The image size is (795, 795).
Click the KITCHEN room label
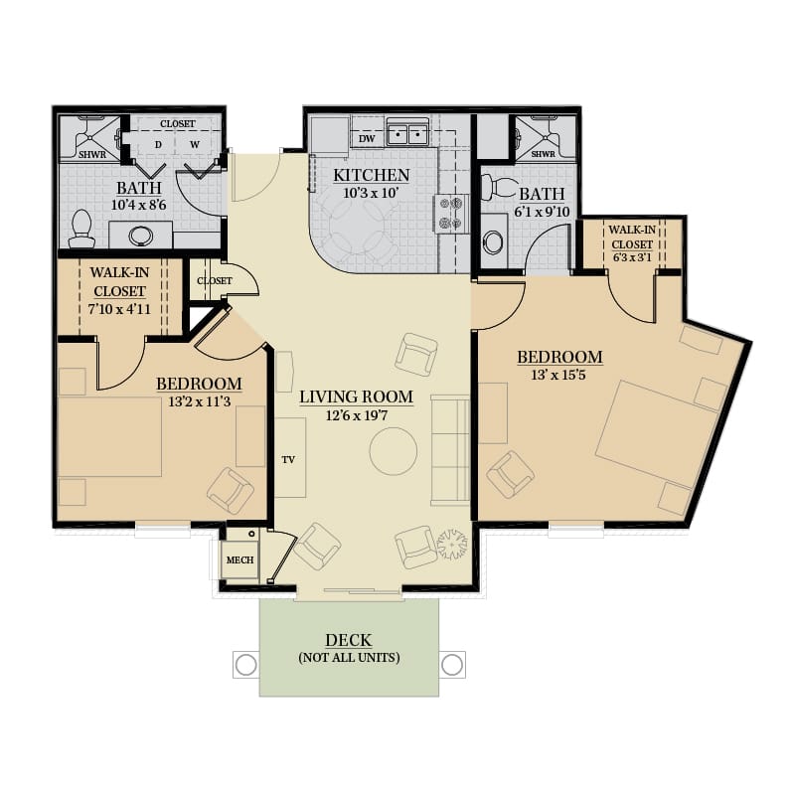pos(371,175)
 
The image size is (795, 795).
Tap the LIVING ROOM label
pos(356,397)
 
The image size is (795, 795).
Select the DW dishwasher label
pos(367,139)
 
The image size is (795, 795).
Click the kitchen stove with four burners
pos(451,214)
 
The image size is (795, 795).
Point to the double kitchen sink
pos(407,134)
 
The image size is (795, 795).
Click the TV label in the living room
pos(288,460)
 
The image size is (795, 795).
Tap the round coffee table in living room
pos(394,451)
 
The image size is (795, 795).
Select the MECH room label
pos(239,560)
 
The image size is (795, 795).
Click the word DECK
pos(349,640)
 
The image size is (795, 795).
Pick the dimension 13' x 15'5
pos(558,375)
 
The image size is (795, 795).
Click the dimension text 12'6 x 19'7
pos(357,415)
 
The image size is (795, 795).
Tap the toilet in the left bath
pos(81,229)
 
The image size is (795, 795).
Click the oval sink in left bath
pos(141,236)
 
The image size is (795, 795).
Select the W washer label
pos(195,144)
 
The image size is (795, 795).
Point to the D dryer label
pos(158,145)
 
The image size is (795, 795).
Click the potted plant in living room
pos(452,544)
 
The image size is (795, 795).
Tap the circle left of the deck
pos(246,665)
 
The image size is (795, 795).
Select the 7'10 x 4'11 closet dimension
pos(119,309)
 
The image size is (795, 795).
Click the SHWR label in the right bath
pos(543,154)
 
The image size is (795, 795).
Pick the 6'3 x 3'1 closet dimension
pos(632,257)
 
